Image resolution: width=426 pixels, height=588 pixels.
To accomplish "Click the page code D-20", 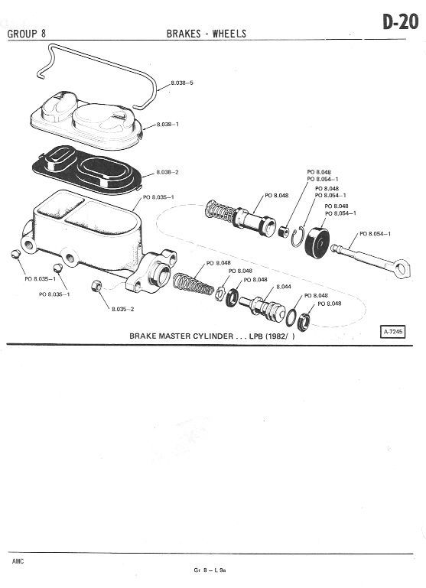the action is (400, 21).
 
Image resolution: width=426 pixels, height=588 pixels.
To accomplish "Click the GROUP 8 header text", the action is (27, 34).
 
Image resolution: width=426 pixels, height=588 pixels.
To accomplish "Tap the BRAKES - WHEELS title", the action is (206, 34).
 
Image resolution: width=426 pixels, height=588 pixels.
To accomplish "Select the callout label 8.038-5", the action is (182, 83).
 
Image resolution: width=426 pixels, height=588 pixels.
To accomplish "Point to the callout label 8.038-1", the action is (167, 124).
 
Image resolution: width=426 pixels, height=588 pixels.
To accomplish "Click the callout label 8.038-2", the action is (167, 172).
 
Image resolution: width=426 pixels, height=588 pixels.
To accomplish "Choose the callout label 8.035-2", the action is (122, 309).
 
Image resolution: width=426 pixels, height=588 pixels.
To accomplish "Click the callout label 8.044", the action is (284, 287).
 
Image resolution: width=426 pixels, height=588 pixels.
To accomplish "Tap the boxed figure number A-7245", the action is (393, 332).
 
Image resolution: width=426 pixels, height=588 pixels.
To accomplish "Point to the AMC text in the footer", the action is (18, 561).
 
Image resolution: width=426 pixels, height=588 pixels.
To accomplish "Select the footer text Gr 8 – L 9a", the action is (210, 570).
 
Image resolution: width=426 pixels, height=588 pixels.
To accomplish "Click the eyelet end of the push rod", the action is (402, 269).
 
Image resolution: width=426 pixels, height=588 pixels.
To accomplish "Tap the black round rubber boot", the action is (317, 243).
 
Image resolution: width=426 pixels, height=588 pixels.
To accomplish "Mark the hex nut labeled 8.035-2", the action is (96, 287).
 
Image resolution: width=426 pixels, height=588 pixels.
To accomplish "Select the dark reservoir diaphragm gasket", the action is (87, 170).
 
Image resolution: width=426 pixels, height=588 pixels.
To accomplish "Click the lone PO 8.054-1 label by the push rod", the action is (375, 234).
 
